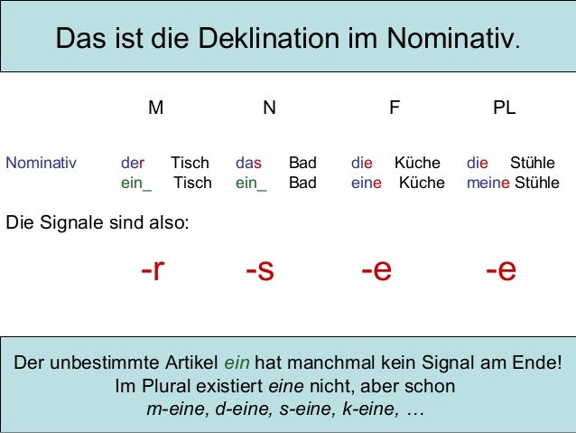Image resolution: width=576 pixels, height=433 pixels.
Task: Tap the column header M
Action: (x=156, y=108)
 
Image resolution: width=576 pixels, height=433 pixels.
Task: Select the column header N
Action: (x=269, y=108)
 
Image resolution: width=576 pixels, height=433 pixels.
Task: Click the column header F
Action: (x=394, y=108)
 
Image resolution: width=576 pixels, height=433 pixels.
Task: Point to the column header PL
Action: (x=504, y=108)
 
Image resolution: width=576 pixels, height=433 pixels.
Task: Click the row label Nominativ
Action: (x=42, y=164)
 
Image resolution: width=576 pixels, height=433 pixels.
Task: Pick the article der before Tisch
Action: (x=133, y=164)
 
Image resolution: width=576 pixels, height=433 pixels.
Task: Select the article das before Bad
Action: (x=248, y=164)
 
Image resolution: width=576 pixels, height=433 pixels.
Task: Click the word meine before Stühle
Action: (x=488, y=184)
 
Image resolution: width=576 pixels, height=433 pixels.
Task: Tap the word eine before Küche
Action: (x=367, y=184)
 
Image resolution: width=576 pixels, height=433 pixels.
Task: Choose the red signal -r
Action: (x=153, y=269)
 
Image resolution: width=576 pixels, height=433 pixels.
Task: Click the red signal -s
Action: (x=259, y=269)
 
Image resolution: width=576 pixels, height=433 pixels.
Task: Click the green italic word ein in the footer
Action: (x=237, y=364)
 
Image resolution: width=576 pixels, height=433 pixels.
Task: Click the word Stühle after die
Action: (x=533, y=164)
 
